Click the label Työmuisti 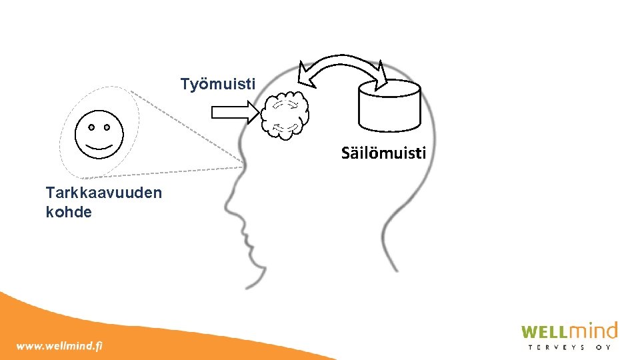[x=217, y=85]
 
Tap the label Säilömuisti [x=383, y=153]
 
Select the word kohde [x=69, y=212]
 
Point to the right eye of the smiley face [x=107, y=126]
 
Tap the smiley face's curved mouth [x=99, y=144]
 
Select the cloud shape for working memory [x=285, y=113]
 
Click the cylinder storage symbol [x=390, y=106]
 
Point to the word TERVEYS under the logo [x=557, y=347]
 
